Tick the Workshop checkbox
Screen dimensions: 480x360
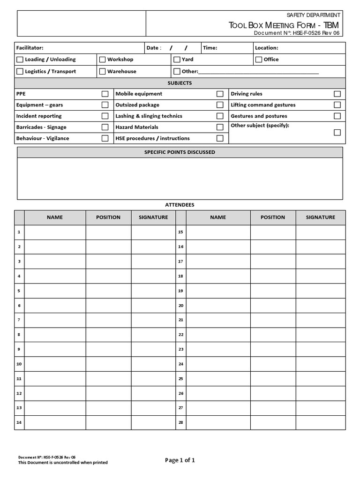tap(102, 60)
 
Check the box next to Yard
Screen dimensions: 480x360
tap(177, 60)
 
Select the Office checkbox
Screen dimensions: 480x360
tap(259, 60)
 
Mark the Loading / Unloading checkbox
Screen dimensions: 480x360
tap(20, 60)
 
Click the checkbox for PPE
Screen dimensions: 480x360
tap(105, 94)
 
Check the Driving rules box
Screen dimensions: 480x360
tap(337, 94)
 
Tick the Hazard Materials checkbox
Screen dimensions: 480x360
tap(220, 127)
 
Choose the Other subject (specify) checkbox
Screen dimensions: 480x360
tap(337, 133)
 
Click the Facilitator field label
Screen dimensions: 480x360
tap(30, 48)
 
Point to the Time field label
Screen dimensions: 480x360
tap(210, 48)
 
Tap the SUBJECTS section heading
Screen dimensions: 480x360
tap(180, 83)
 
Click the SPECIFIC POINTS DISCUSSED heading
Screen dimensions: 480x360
tap(180, 152)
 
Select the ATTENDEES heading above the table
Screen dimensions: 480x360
tap(180, 205)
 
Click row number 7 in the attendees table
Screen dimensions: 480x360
tap(19, 320)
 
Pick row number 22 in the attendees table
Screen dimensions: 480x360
tap(180, 335)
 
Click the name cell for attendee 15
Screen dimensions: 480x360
tap(218, 232)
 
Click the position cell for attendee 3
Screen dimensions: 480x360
tap(108, 261)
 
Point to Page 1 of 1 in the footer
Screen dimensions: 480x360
tap(180, 460)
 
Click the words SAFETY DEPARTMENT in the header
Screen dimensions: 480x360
tap(313, 15)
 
